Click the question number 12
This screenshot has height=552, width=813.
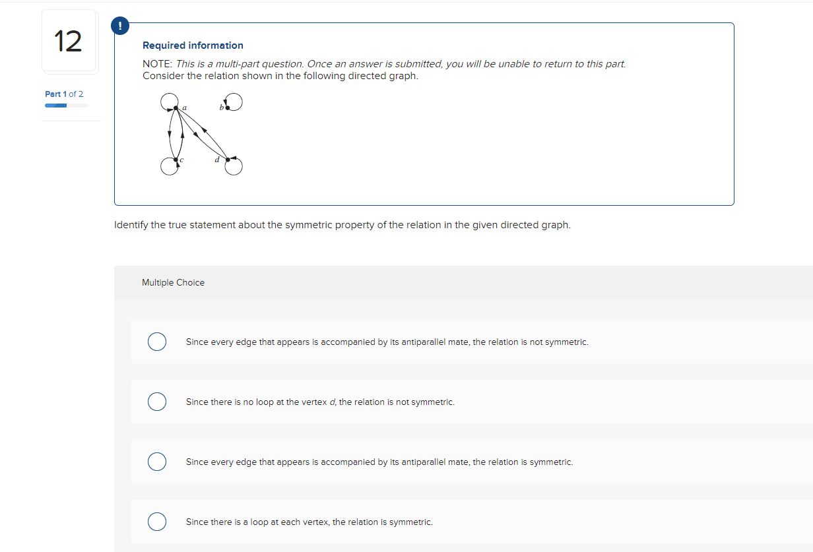(x=69, y=41)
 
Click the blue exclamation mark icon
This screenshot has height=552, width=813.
(x=119, y=26)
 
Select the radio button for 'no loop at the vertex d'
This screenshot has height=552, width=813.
(x=156, y=402)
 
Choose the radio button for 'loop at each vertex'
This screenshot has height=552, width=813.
(x=156, y=522)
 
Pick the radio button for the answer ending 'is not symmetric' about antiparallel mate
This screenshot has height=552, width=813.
(x=156, y=342)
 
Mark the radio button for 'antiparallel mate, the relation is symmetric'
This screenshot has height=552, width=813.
(x=156, y=462)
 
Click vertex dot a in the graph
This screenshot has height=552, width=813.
(x=176, y=108)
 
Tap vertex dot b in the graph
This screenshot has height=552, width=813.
(x=228, y=107)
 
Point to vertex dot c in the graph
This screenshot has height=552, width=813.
(x=176, y=160)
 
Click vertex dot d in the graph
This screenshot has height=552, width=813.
(x=228, y=160)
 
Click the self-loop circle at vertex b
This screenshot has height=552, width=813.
(x=235, y=102)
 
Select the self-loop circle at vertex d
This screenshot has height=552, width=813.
(x=234, y=167)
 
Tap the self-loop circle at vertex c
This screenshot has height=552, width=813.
(x=169, y=167)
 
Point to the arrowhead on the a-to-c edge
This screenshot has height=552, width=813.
(x=170, y=135)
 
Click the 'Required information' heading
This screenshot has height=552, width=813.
(x=193, y=46)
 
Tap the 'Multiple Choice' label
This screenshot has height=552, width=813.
(x=173, y=282)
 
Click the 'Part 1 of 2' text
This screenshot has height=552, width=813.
(x=64, y=94)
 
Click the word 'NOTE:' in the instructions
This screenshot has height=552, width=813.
(x=158, y=64)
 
